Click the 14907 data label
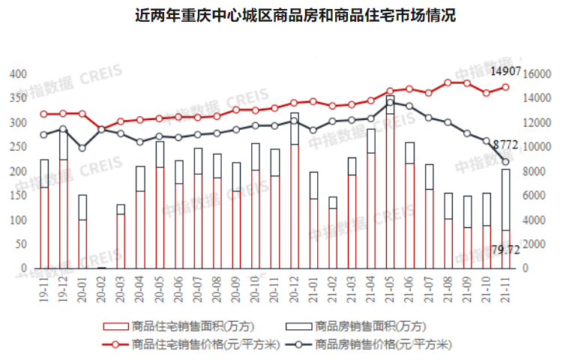click(x=505, y=72)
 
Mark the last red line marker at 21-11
click(x=505, y=87)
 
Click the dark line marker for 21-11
click(x=505, y=162)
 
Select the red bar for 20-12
click(x=295, y=206)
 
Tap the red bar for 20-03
click(x=121, y=241)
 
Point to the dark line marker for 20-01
click(x=82, y=148)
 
